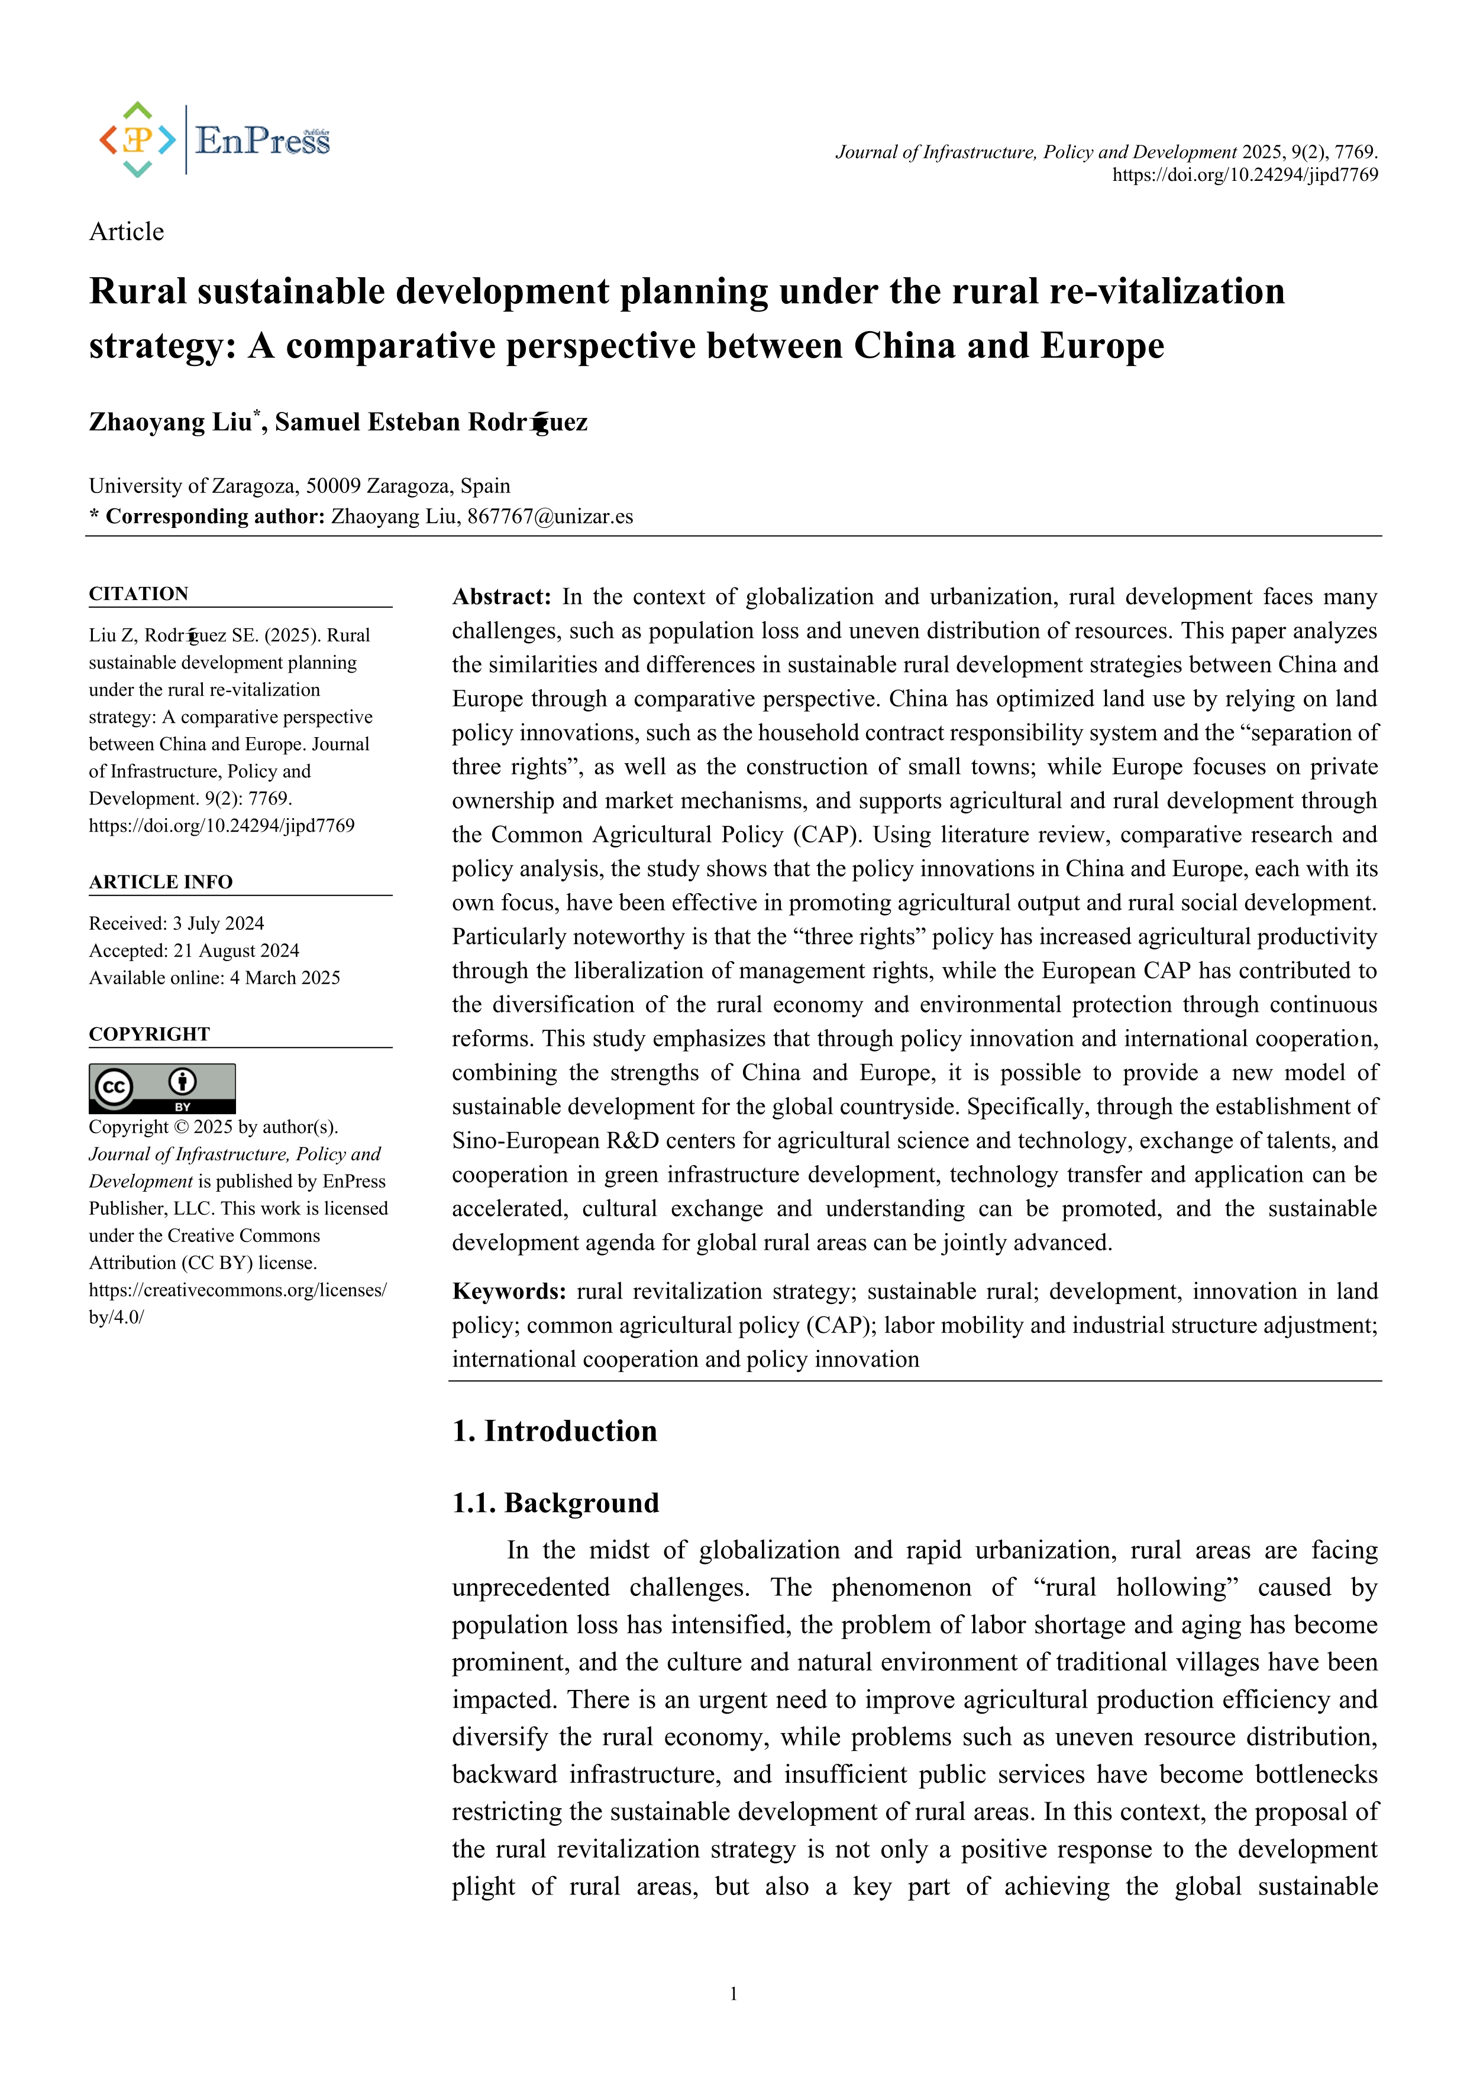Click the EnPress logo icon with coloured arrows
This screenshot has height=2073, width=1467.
pos(137,140)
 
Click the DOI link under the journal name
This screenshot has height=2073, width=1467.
pos(1244,175)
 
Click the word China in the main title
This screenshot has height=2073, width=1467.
pos(904,346)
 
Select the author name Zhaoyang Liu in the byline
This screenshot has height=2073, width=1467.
pos(170,423)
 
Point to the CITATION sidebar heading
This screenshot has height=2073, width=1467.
pos(138,593)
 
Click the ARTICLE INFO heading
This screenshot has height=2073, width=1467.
pos(160,881)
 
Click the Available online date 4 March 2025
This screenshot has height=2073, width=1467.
pos(285,977)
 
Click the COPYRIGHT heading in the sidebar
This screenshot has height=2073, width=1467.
pos(149,1034)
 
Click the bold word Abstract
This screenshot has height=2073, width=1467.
pos(500,597)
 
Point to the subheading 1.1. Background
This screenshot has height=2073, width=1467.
pos(555,1503)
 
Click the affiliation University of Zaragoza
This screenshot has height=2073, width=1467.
pos(193,486)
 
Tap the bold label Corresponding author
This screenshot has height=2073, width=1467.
pos(215,517)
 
